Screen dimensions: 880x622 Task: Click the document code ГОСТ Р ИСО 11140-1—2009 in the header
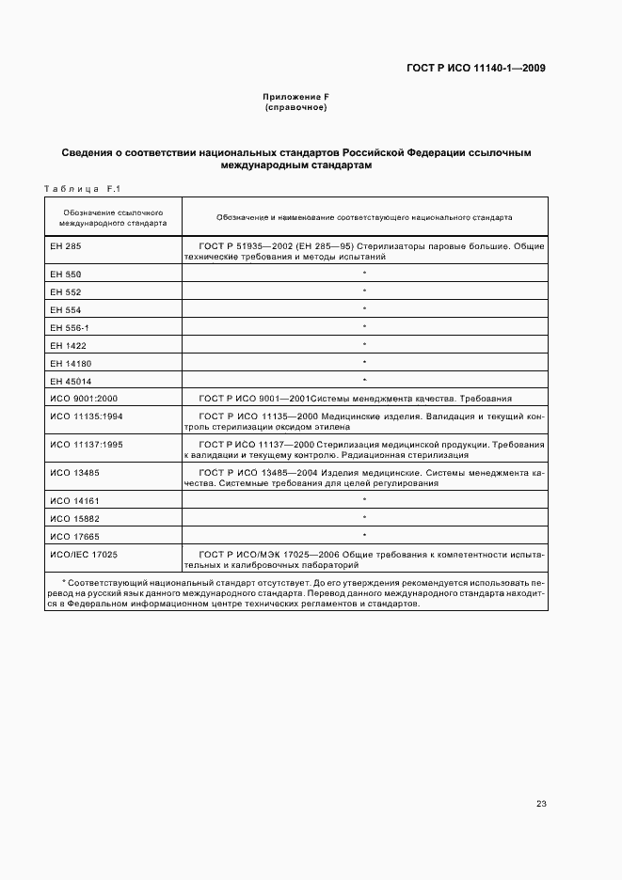pos(476,68)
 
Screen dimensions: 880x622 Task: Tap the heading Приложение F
pos(296,98)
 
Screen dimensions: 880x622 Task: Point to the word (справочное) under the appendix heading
pos(296,108)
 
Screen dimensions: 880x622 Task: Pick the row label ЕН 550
pos(63,274)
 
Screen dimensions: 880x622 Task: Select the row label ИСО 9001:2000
pos(77,399)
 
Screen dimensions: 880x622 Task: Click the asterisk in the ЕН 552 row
pos(364,291)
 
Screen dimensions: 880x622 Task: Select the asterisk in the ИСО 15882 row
pos(364,518)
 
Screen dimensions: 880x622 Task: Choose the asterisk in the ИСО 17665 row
pos(364,536)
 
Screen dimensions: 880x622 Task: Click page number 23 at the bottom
pos(541,804)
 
